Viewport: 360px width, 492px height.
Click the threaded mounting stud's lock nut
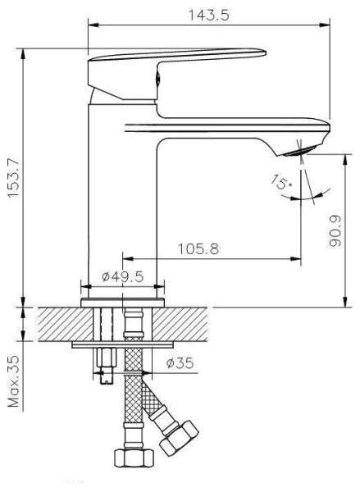(103, 359)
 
